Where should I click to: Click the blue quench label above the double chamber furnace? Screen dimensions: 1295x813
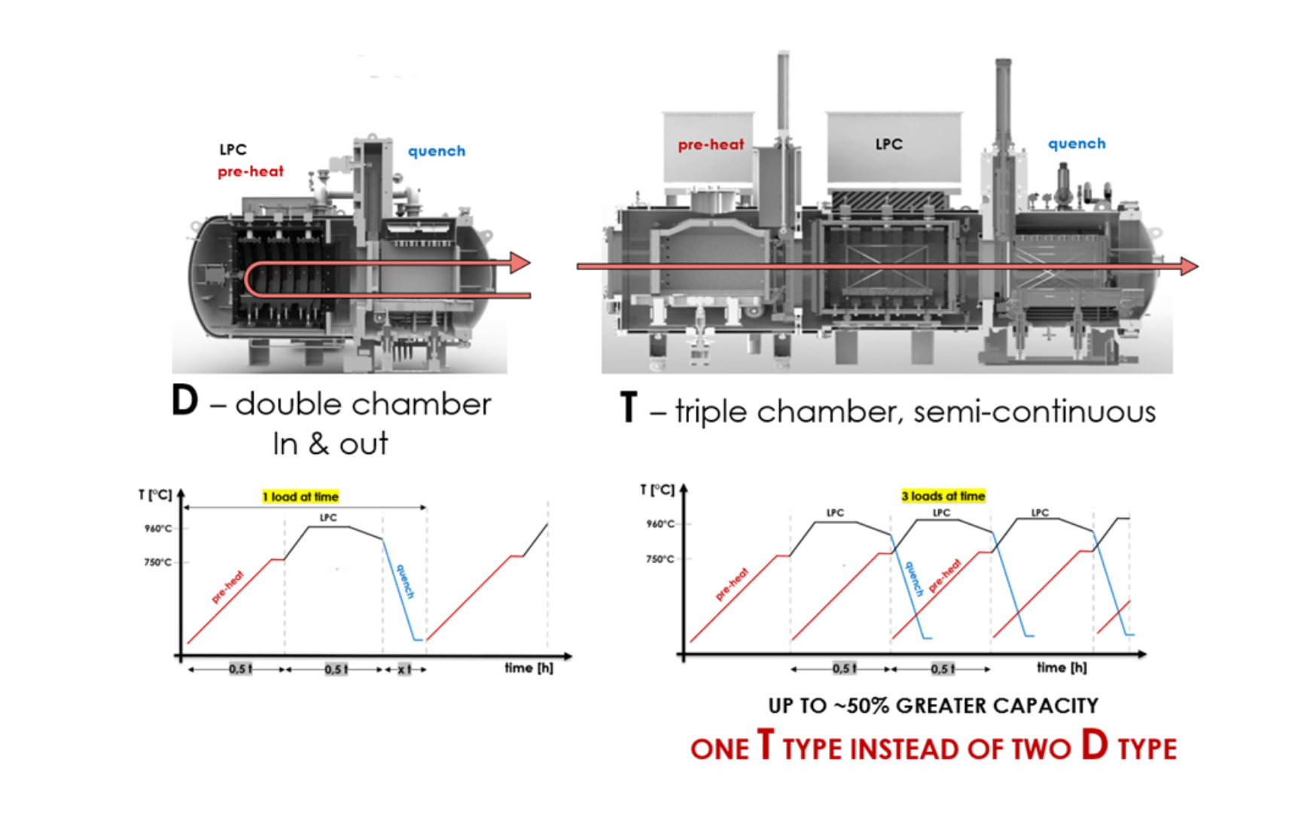[x=437, y=151]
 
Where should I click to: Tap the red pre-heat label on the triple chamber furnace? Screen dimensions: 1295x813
[x=711, y=145]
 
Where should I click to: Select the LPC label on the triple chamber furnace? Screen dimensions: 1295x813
[x=888, y=144]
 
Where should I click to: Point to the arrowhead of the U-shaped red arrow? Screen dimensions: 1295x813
[x=520, y=263]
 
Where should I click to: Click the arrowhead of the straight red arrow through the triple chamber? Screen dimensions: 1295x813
[x=1190, y=266]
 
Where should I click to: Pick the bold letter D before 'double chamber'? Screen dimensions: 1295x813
[x=184, y=400]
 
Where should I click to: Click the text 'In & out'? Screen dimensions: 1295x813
[x=331, y=443]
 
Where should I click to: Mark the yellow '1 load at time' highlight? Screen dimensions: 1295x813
[x=300, y=497]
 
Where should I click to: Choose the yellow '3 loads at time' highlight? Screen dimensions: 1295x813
[x=943, y=496]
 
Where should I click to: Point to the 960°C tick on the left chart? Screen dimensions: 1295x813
[x=158, y=528]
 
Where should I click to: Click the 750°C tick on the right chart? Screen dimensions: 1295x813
[x=660, y=559]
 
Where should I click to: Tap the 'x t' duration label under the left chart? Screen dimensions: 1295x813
[x=404, y=669]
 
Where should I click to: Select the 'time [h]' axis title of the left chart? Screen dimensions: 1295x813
[x=529, y=668]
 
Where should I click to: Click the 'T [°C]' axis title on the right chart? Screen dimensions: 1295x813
[x=657, y=490]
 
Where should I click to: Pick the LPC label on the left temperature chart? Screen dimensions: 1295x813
[x=328, y=517]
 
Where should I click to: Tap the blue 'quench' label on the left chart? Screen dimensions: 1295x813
[x=405, y=581]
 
